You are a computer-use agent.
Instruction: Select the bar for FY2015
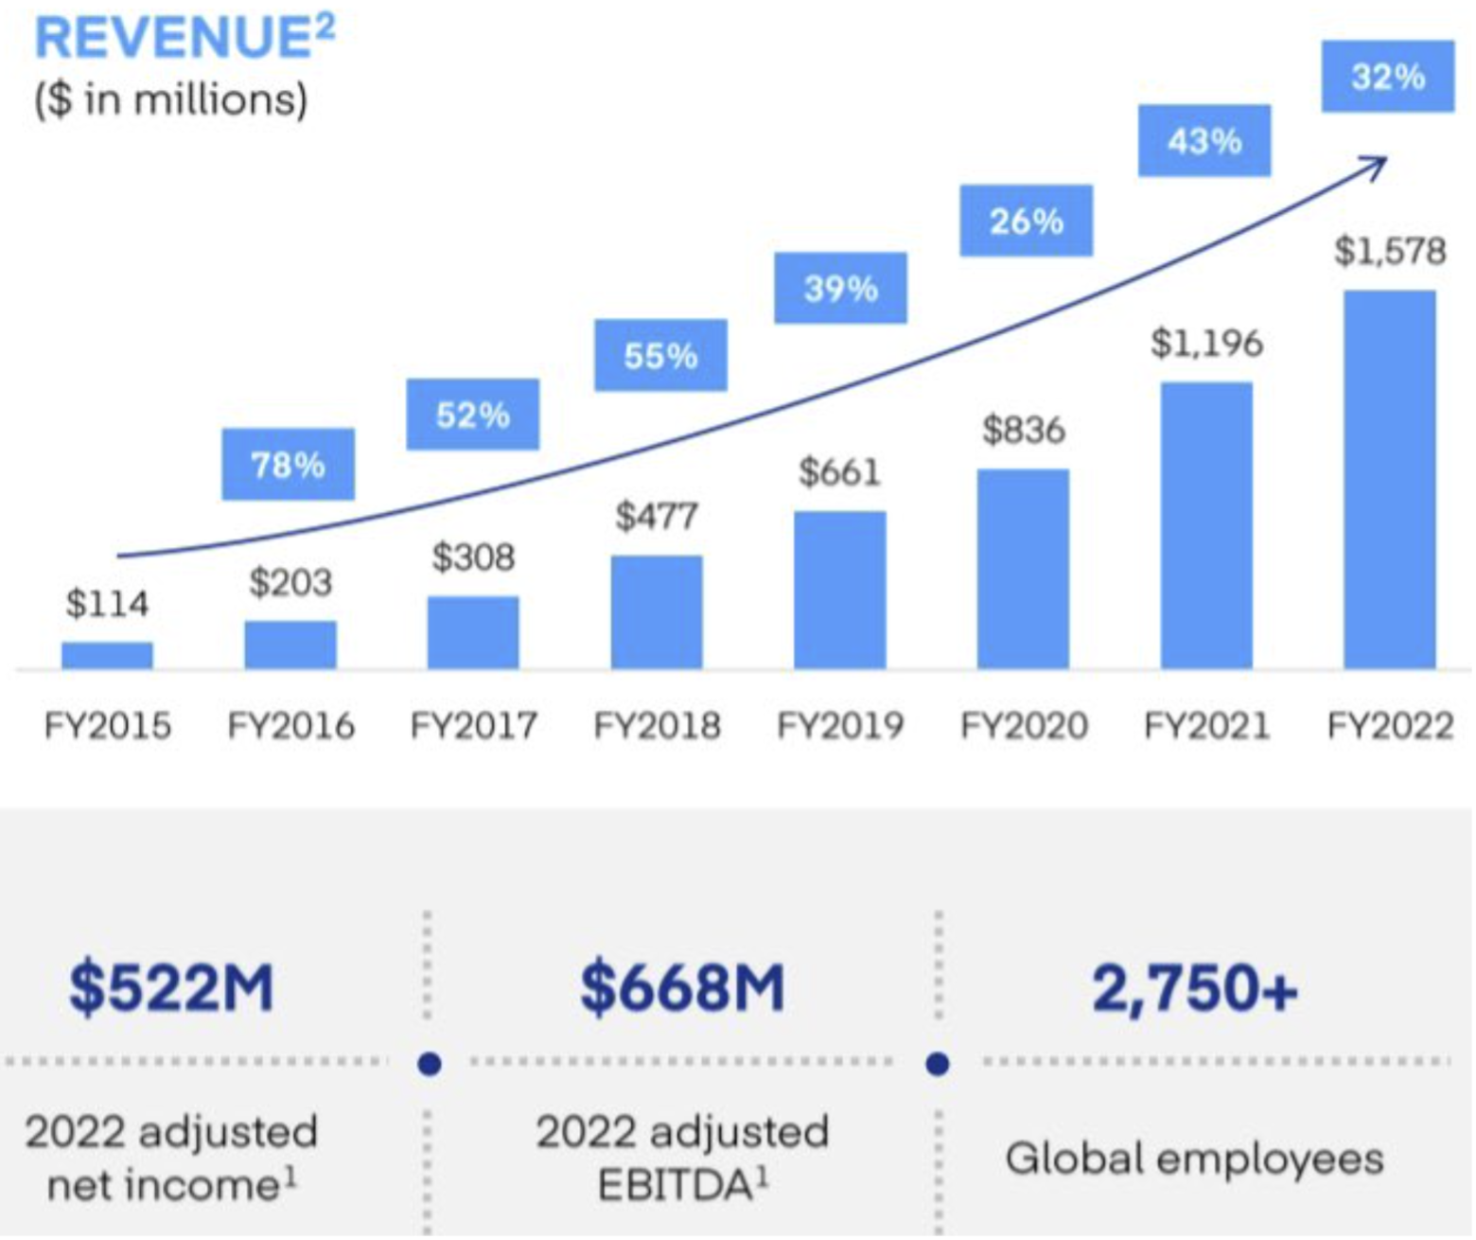(107, 655)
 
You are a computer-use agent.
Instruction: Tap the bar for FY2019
(840, 590)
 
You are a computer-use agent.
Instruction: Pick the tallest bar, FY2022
(1390, 479)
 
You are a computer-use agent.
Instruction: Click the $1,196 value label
(1206, 343)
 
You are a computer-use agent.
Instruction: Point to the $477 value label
(657, 517)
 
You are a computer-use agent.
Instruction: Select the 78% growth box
(288, 464)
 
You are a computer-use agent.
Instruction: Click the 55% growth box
(660, 355)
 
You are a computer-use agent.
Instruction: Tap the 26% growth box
(1027, 221)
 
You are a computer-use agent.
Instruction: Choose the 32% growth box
(1388, 76)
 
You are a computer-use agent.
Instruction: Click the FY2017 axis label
(473, 726)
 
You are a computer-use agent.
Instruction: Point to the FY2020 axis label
(1024, 726)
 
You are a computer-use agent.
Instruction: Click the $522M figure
(171, 987)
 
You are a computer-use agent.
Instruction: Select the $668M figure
(682, 987)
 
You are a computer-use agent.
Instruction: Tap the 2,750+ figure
(1195, 987)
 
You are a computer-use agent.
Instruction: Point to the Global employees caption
(1194, 1159)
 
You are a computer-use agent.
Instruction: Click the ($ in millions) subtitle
(171, 99)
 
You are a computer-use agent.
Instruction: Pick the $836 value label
(1024, 430)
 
